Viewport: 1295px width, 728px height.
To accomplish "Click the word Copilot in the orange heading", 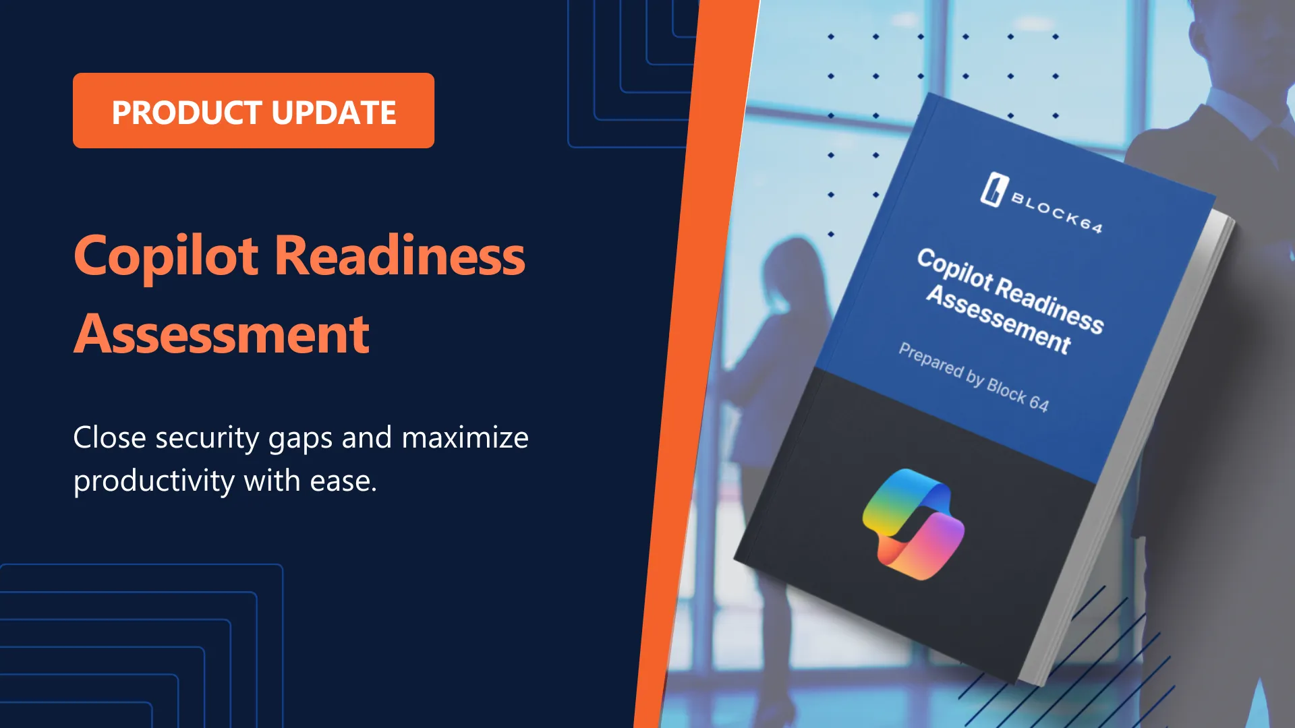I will tap(166, 257).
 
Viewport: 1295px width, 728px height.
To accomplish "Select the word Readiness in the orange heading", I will tap(400, 257).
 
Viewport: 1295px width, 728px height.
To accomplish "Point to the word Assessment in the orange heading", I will tap(222, 334).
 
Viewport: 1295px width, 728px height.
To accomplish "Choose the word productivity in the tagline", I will tap(154, 482).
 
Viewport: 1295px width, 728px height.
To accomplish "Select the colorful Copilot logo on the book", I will tap(913, 524).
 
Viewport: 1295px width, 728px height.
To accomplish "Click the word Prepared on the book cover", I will tap(931, 360).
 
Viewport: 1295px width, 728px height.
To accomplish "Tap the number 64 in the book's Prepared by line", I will tap(1039, 403).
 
